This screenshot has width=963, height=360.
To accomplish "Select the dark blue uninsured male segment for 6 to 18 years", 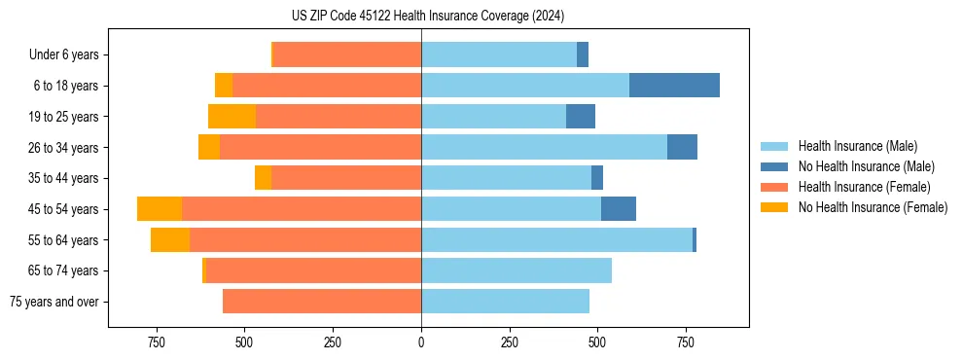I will point(674,86).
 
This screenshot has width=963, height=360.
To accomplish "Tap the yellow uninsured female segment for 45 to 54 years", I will point(160,209).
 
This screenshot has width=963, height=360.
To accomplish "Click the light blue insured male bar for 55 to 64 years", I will point(556,240).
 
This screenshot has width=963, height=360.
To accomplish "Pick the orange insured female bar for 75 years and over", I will point(322,302).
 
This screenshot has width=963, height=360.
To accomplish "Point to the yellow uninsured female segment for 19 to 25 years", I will point(232,117).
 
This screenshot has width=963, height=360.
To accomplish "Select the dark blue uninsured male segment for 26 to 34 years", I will point(682,148).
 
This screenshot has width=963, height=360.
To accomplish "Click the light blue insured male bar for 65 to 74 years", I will point(517,270).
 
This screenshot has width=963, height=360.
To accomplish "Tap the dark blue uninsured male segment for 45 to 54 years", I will point(618,209).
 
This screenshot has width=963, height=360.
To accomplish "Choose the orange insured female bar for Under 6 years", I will point(347,54).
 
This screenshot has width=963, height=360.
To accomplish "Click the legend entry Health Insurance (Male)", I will point(857,146).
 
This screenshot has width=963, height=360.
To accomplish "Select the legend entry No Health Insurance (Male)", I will point(866,166).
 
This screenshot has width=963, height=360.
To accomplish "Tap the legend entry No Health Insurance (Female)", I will point(873,207).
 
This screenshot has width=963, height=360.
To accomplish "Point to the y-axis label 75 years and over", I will point(53,302).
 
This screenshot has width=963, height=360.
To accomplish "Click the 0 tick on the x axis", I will point(421,342).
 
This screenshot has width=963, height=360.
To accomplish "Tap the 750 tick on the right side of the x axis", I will point(686,342).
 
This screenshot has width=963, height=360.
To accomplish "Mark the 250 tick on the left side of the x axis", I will point(333,342).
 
